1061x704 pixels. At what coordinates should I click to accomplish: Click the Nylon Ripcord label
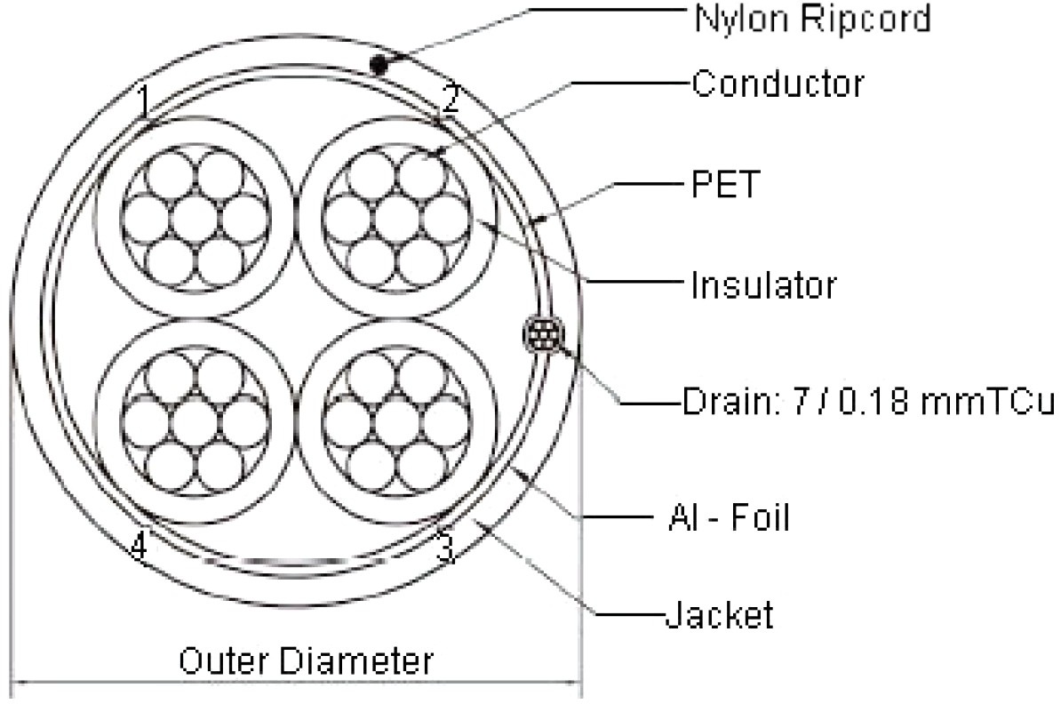click(811, 18)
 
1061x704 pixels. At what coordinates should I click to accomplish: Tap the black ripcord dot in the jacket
click(379, 64)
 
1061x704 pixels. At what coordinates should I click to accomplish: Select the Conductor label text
click(777, 84)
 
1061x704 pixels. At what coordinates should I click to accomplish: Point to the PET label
click(723, 187)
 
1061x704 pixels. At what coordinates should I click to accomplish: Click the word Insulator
click(763, 286)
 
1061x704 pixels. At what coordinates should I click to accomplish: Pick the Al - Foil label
click(727, 517)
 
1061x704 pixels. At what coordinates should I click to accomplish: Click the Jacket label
click(719, 613)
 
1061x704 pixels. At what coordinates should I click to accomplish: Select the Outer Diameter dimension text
click(306, 661)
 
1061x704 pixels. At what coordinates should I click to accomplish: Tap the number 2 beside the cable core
click(451, 100)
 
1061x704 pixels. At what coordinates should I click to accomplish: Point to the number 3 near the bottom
click(446, 548)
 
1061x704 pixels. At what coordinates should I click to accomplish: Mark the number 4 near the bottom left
click(138, 548)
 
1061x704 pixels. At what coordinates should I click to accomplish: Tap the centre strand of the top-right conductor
click(396, 217)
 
